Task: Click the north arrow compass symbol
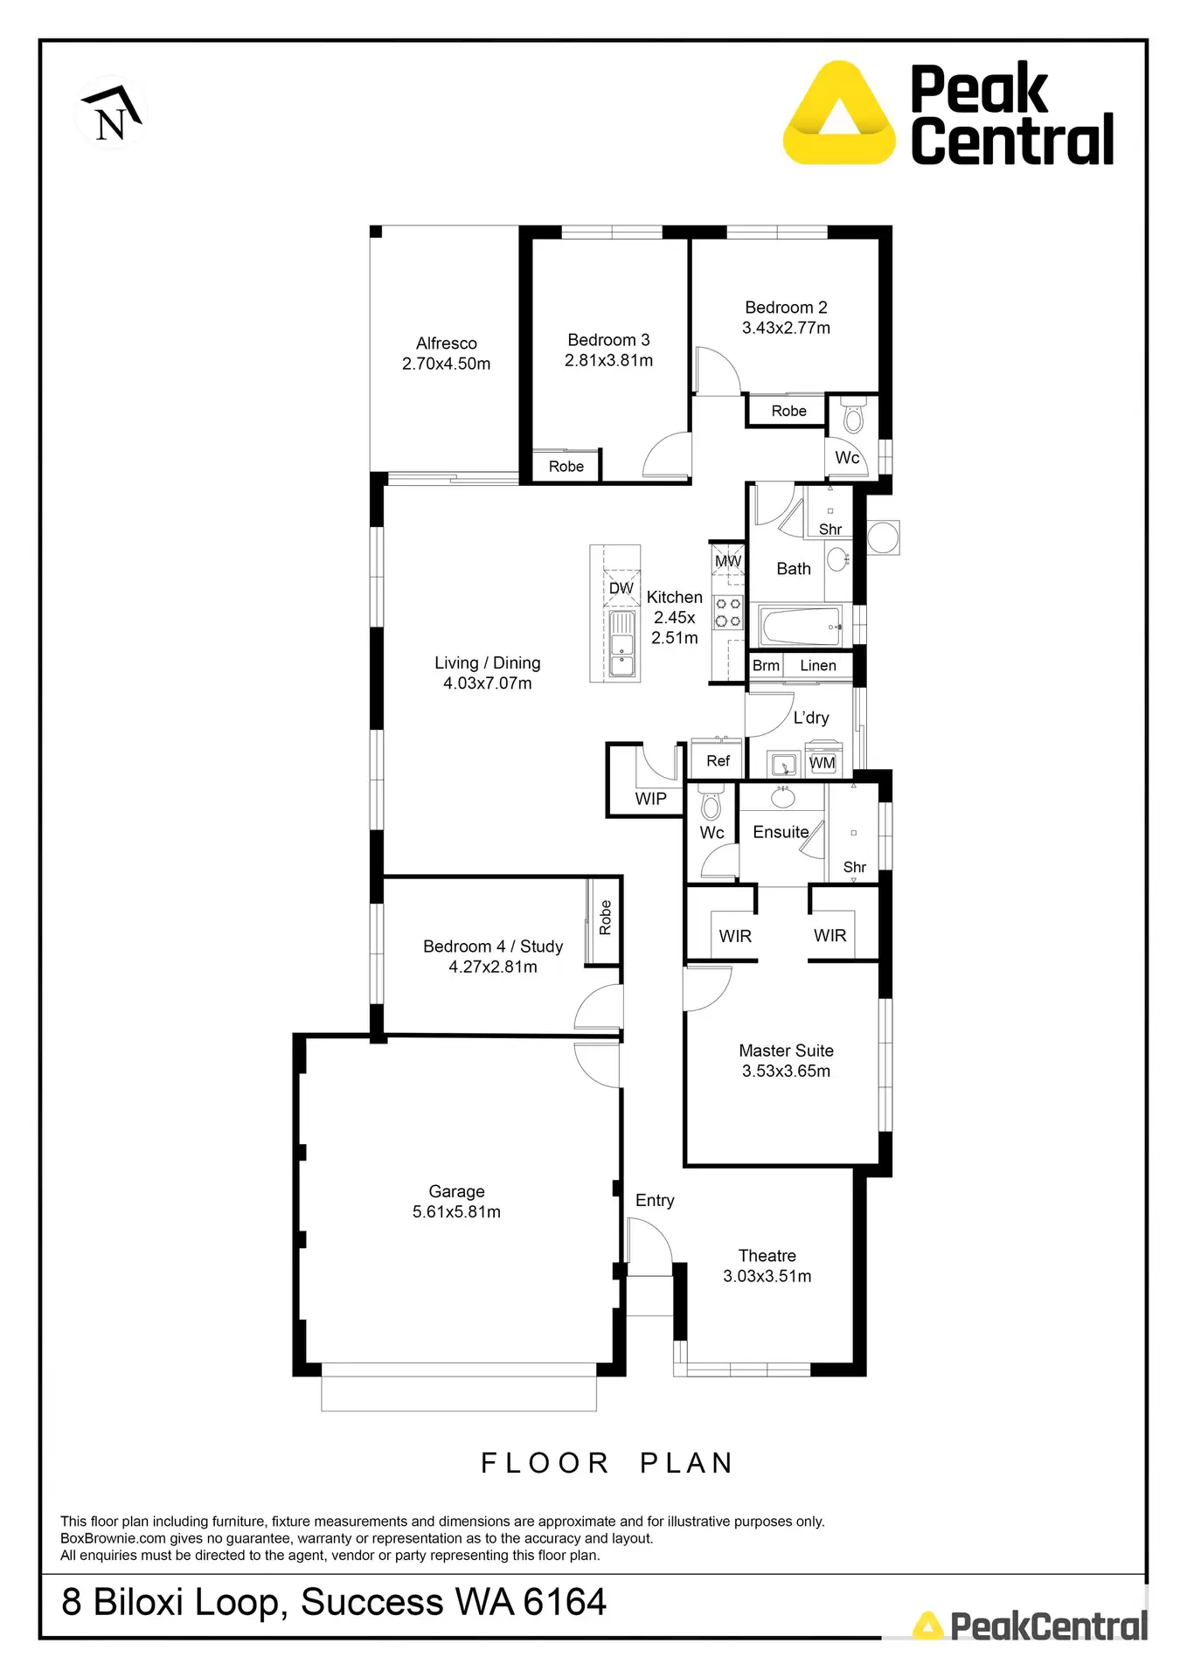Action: [x=111, y=113]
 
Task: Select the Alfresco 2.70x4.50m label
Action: [x=446, y=353]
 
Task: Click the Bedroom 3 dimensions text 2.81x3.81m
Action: [x=608, y=360]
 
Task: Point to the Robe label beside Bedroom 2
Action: [x=788, y=411]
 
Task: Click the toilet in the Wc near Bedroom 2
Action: [x=853, y=419]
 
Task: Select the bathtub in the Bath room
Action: [x=801, y=627]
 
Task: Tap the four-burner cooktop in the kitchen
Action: [x=728, y=612]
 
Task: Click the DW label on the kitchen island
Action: [x=621, y=588]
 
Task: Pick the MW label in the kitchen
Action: [x=727, y=561]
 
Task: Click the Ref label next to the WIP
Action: [x=718, y=761]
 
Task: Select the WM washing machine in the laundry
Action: [x=822, y=762]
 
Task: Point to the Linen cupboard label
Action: [x=817, y=666]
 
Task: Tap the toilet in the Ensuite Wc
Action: [x=711, y=801]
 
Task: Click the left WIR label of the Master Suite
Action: [x=735, y=936]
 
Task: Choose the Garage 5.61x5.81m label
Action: [x=456, y=1202]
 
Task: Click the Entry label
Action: [x=655, y=1201]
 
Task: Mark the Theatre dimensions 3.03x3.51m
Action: [x=767, y=1276]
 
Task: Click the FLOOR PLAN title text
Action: [x=607, y=1463]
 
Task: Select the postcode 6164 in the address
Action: [x=565, y=1602]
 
